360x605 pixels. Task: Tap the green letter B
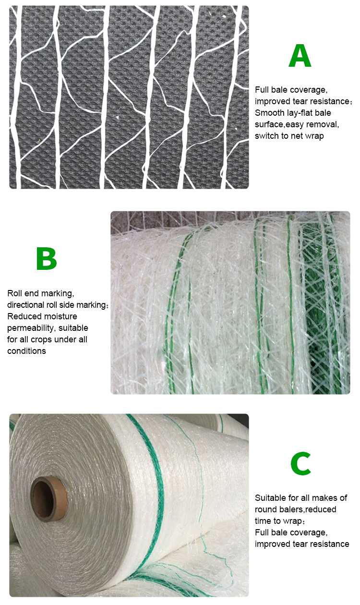click(x=47, y=258)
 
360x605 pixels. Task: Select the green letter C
click(x=301, y=463)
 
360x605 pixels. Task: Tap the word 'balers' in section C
click(x=293, y=509)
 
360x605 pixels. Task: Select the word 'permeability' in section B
click(x=31, y=328)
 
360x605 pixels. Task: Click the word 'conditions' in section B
click(x=26, y=351)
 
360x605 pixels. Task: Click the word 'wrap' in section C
click(x=292, y=521)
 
